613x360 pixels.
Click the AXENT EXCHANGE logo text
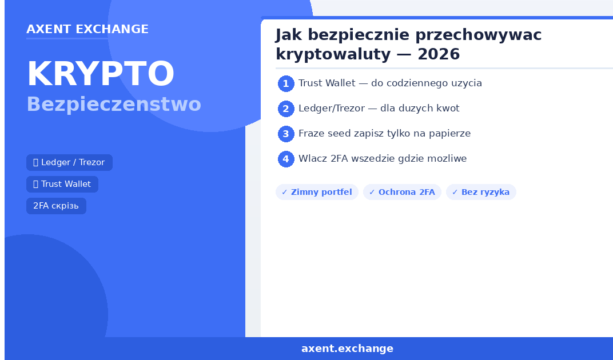point(87,29)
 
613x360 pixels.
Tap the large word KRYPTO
point(101,74)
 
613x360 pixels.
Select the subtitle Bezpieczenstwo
point(114,105)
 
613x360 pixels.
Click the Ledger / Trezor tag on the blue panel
point(69,163)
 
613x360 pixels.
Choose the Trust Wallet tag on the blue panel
point(62,184)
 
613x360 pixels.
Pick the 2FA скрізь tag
point(56,206)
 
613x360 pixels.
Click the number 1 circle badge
point(286,83)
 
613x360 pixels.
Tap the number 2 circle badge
point(286,109)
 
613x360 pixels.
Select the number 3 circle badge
point(286,134)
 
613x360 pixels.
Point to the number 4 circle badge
point(286,159)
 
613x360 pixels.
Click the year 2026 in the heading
point(438,54)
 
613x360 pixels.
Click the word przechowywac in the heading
point(478,35)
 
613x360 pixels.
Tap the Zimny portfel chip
point(317,192)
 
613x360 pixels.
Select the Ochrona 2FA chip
point(403,192)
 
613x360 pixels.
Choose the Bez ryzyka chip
point(481,192)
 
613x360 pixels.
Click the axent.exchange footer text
point(347,349)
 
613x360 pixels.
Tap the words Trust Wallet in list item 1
point(327,83)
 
